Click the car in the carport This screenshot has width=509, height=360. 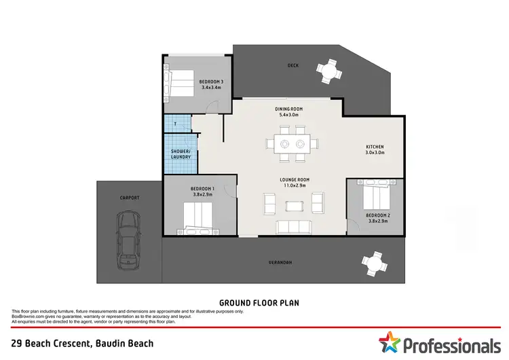[x=128, y=239]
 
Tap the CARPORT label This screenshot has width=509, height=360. [x=129, y=198]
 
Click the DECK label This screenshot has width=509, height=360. [x=293, y=66]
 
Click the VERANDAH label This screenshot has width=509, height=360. [x=280, y=262]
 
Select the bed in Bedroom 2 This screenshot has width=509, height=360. [x=375, y=196]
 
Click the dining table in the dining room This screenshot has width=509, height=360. [x=293, y=143]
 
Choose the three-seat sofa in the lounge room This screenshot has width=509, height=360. [x=293, y=226]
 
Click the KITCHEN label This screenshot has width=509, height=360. [x=375, y=147]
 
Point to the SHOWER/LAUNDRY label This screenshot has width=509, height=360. [x=180, y=154]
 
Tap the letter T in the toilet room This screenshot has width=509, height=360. [x=175, y=124]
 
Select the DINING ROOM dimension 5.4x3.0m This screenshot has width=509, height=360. [x=289, y=115]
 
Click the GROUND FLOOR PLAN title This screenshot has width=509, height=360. [x=259, y=302]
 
